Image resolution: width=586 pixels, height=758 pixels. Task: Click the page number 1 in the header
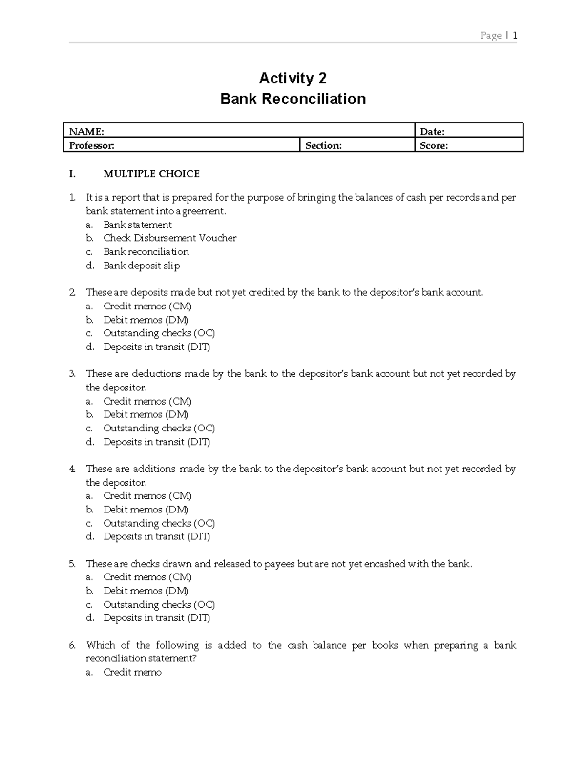tap(515, 35)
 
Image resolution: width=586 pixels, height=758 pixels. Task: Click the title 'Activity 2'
tap(293, 78)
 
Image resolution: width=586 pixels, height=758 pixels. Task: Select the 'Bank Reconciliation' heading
tap(293, 99)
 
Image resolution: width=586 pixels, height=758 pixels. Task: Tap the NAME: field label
tap(86, 131)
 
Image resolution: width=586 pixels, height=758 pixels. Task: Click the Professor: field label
tap(92, 145)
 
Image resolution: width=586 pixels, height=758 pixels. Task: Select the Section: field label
tap(323, 145)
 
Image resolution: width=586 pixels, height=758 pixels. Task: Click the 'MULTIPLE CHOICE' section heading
tap(151, 174)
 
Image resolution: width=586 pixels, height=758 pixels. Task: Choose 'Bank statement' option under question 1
tap(137, 225)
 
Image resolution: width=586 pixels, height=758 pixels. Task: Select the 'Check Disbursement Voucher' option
tap(169, 238)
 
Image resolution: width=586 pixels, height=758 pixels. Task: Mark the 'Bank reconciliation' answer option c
tap(146, 252)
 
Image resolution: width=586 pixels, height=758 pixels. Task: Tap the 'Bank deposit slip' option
tap(142, 266)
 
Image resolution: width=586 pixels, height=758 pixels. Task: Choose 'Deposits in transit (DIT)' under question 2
tap(156, 347)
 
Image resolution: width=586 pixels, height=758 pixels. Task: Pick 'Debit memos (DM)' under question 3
tap(146, 414)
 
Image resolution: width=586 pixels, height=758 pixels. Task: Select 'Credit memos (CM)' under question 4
tap(147, 496)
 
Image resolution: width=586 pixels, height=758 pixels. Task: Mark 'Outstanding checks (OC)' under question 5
tap(159, 604)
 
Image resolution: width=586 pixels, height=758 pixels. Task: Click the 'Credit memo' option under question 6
tap(132, 672)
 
